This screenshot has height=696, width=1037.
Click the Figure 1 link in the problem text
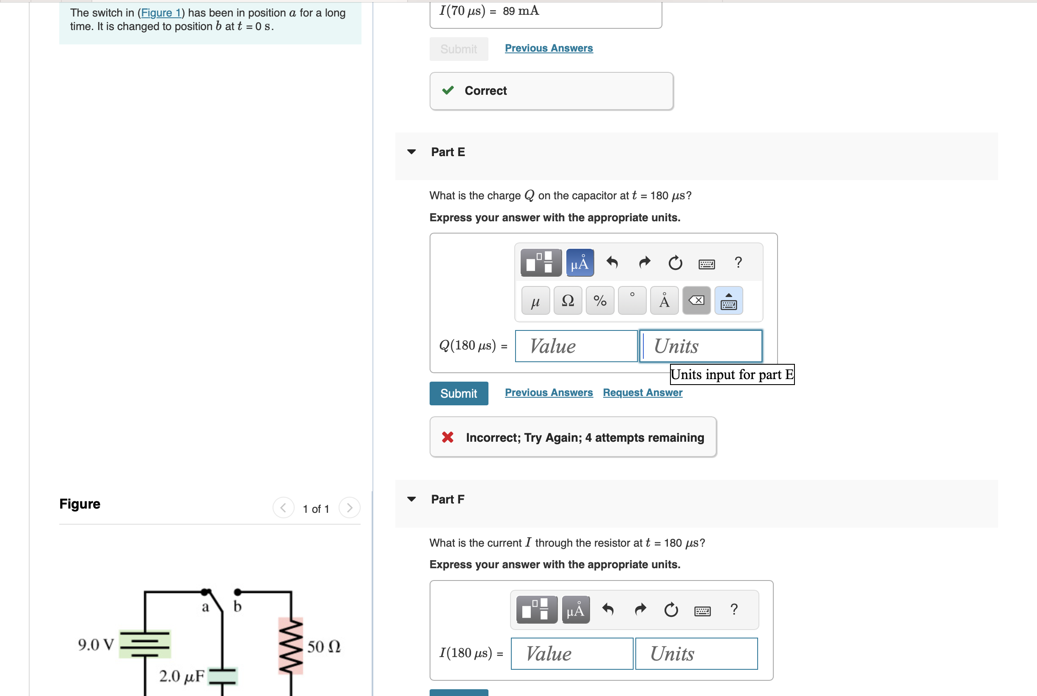pos(161,13)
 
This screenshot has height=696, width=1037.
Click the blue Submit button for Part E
pos(458,393)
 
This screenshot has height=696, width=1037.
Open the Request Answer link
pos(642,392)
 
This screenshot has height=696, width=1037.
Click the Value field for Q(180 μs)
pos(576,346)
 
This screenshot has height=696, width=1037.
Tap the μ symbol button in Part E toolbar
pos(535,300)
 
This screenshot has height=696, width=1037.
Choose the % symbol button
pos(600,300)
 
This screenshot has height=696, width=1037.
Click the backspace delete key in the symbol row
pos(696,300)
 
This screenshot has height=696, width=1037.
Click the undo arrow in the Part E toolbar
pos(612,263)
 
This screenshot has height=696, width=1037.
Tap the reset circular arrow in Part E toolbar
pos(675,263)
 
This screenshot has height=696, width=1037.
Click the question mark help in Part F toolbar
pos(734,609)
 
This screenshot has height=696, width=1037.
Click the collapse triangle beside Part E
pos(411,152)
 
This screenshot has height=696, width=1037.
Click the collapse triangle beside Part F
pos(411,499)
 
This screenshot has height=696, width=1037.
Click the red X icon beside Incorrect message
pos(447,437)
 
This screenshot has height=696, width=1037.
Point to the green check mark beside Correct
pos(448,91)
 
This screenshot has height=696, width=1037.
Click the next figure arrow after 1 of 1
pos(349,508)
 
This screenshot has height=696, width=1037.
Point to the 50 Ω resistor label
pos(324,646)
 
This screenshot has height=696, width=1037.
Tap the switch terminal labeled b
pos(237,592)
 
